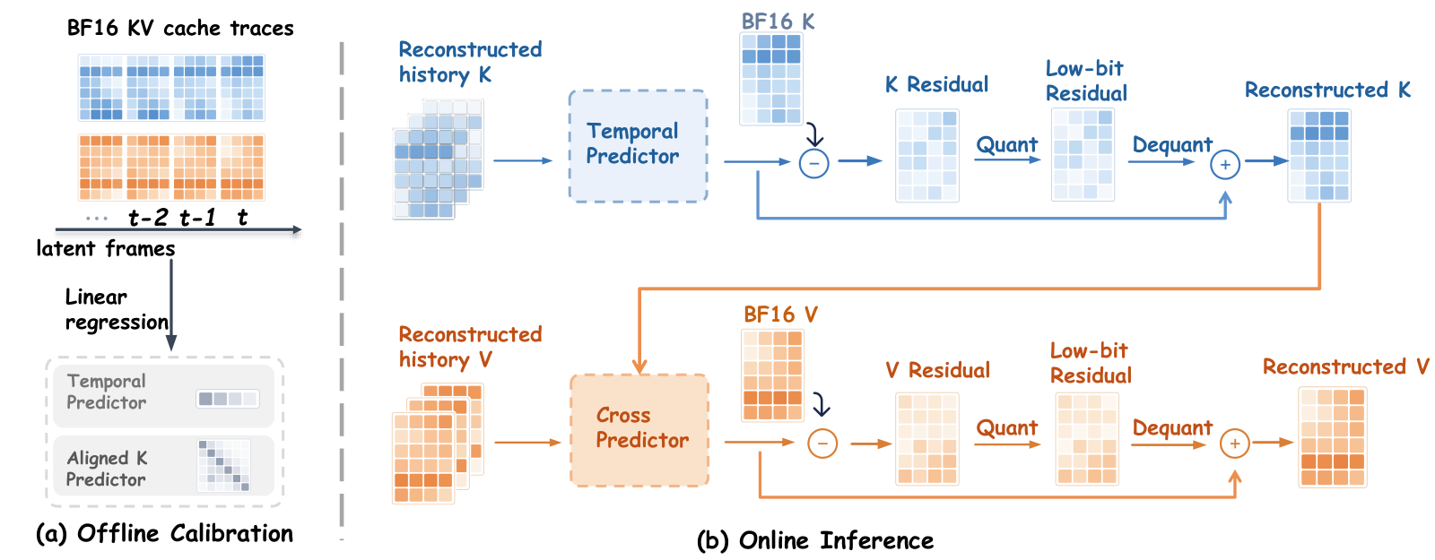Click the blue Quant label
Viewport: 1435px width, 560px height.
coord(1006,144)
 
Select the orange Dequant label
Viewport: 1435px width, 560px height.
coord(1171,427)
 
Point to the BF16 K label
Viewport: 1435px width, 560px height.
coord(778,22)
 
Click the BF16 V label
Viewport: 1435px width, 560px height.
coord(780,314)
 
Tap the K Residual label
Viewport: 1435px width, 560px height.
coord(936,84)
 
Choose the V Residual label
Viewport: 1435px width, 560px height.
coord(938,370)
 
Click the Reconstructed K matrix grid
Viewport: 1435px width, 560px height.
coord(1319,156)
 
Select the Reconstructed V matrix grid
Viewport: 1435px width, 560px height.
coord(1333,437)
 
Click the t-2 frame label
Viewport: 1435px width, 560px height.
coord(148,218)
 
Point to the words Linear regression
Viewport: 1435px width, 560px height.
coord(117,310)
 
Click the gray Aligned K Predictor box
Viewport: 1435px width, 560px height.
coord(164,466)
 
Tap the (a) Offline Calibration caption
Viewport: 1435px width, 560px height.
coord(165,533)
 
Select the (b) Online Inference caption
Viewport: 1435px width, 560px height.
coord(815,541)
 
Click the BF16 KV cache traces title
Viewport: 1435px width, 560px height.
coord(180,28)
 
